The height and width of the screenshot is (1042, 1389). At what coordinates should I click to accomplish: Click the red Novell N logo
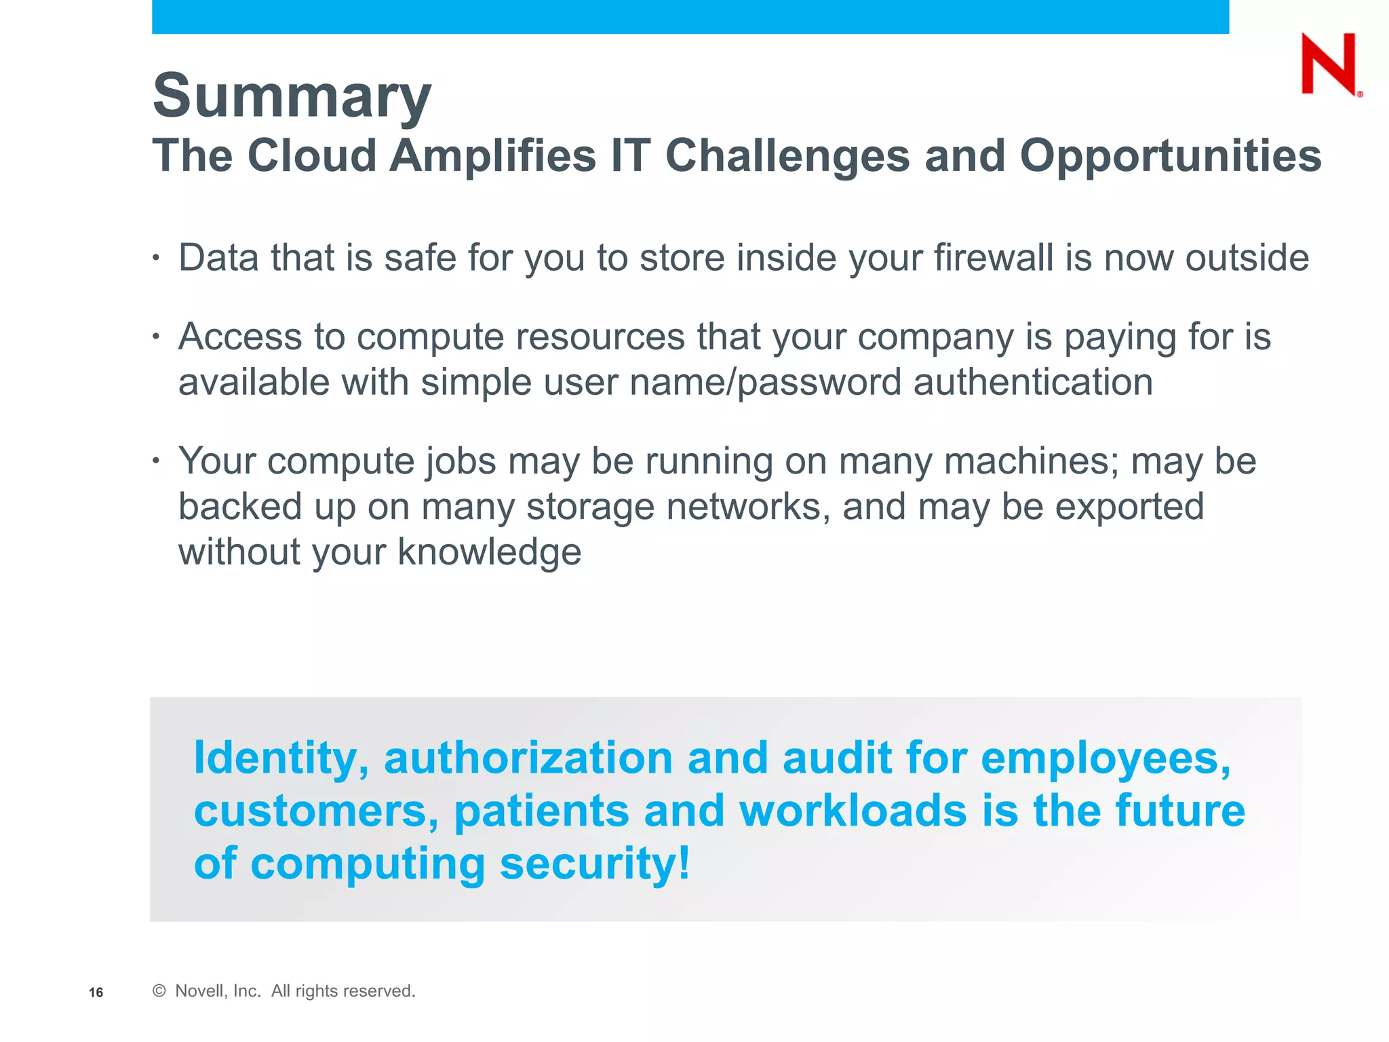(x=1329, y=64)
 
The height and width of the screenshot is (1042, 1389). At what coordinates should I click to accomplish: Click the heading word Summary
(x=292, y=96)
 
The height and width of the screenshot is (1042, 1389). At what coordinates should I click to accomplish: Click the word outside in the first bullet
(x=1247, y=258)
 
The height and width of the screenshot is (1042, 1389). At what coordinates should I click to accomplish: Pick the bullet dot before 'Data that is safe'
(x=156, y=258)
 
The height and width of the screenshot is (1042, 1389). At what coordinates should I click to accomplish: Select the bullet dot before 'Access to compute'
(x=156, y=336)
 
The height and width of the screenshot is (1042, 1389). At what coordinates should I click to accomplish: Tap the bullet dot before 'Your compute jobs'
(x=156, y=461)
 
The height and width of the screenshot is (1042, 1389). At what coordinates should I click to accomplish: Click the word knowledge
(x=489, y=552)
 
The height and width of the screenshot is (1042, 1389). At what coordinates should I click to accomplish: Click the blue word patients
(x=541, y=811)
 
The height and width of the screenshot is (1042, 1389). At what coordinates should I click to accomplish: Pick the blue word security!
(x=595, y=864)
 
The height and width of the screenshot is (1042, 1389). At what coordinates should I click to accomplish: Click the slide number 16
(x=96, y=992)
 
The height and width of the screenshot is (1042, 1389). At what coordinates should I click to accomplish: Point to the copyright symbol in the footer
(x=159, y=991)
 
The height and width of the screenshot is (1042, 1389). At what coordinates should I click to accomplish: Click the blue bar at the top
(x=690, y=16)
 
